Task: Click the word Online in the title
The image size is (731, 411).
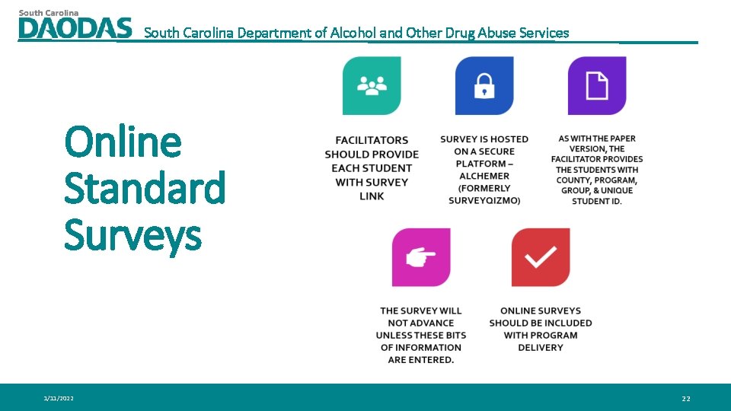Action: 123,142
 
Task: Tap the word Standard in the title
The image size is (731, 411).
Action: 145,188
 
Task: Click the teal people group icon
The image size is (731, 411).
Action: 372,86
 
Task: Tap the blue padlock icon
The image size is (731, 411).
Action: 484,86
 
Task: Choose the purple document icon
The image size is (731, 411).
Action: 597,86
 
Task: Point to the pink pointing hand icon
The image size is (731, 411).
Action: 421,258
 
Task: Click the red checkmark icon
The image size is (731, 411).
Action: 541,258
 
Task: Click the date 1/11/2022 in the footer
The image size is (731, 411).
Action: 59,398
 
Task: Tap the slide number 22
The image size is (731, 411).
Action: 686,398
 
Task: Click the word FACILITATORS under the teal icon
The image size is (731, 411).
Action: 372,140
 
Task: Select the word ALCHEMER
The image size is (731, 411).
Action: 484,176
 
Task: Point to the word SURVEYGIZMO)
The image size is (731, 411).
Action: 484,200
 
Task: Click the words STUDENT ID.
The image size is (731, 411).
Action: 597,201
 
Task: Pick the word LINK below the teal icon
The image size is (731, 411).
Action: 372,196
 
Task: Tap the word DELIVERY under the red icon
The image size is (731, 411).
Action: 541,347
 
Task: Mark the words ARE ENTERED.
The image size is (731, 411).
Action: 421,359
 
